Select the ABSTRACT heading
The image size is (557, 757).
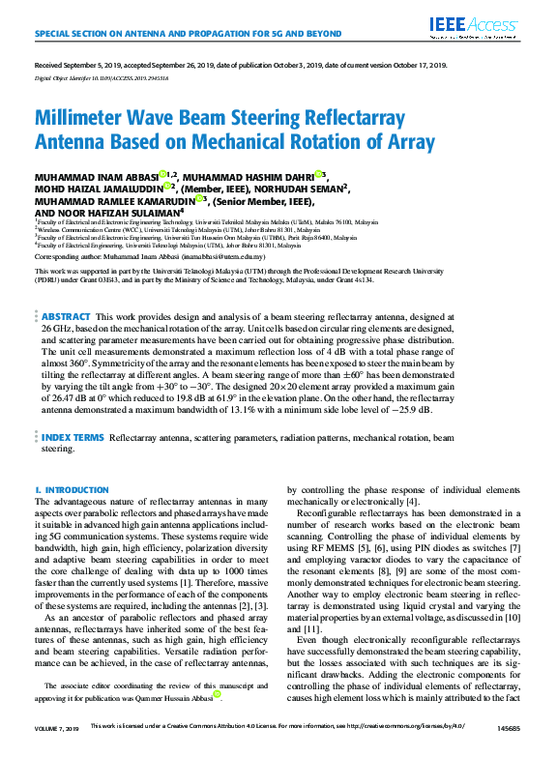(67, 317)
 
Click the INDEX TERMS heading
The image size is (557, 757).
(73, 438)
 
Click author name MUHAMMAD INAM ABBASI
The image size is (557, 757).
(95, 177)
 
